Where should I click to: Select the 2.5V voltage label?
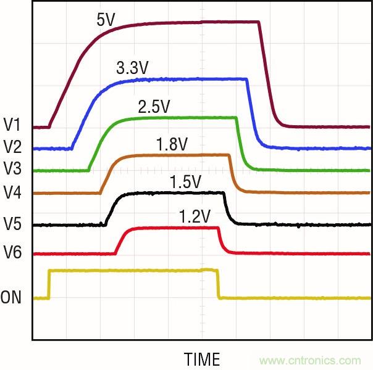tap(154, 107)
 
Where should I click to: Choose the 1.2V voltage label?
tap(195, 216)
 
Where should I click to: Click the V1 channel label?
tap(12, 125)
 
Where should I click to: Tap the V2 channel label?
tap(12, 147)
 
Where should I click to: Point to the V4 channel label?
tap(12, 192)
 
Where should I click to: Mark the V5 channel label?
tap(12, 224)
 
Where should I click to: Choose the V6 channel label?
tap(12, 252)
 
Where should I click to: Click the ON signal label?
tap(10, 298)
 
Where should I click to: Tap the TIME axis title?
tap(202, 359)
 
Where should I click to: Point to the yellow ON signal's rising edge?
tap(49, 284)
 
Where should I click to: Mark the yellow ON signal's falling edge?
tap(218, 284)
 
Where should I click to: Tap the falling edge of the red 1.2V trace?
tap(221, 240)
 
